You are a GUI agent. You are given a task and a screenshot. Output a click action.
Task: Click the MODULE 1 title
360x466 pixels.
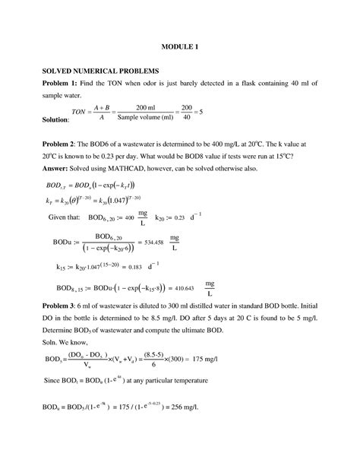(x=179, y=46)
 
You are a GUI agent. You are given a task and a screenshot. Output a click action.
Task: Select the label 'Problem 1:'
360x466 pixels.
(x=62, y=83)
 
